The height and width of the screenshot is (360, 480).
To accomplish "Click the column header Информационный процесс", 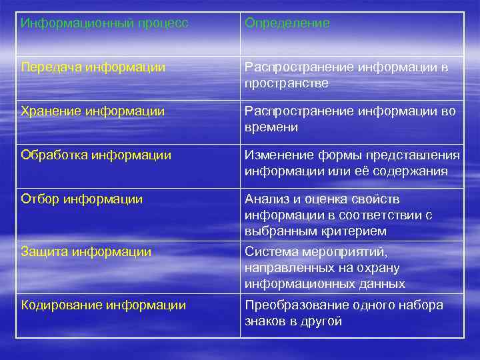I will pyautogui.click(x=105, y=23).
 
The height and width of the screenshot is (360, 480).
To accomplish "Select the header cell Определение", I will pyautogui.click(x=287, y=23).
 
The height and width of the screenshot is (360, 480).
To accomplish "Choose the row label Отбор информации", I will pyautogui.click(x=82, y=199).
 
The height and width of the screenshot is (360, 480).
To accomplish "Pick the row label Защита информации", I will pyautogui.click(x=86, y=252).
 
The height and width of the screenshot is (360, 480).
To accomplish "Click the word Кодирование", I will pyautogui.click(x=61, y=305).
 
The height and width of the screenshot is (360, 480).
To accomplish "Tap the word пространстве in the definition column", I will pyautogui.click(x=287, y=83).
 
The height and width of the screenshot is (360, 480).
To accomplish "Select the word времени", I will pyautogui.click(x=271, y=127).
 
